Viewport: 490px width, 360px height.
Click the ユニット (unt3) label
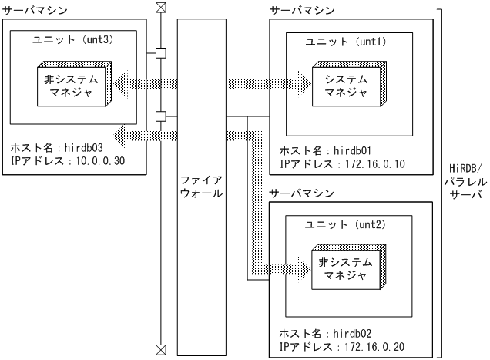(x=74, y=39)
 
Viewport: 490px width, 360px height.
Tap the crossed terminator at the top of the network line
(x=160, y=8)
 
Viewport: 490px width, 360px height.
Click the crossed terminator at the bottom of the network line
(x=160, y=349)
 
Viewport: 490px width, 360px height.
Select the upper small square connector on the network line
(x=160, y=53)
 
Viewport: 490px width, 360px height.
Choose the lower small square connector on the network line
(x=160, y=116)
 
